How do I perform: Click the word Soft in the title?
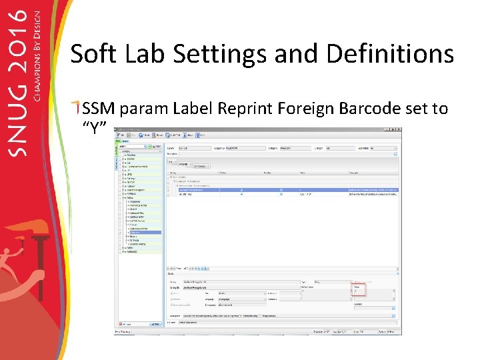pos(91,53)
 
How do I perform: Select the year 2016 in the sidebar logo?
pos(20,40)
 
